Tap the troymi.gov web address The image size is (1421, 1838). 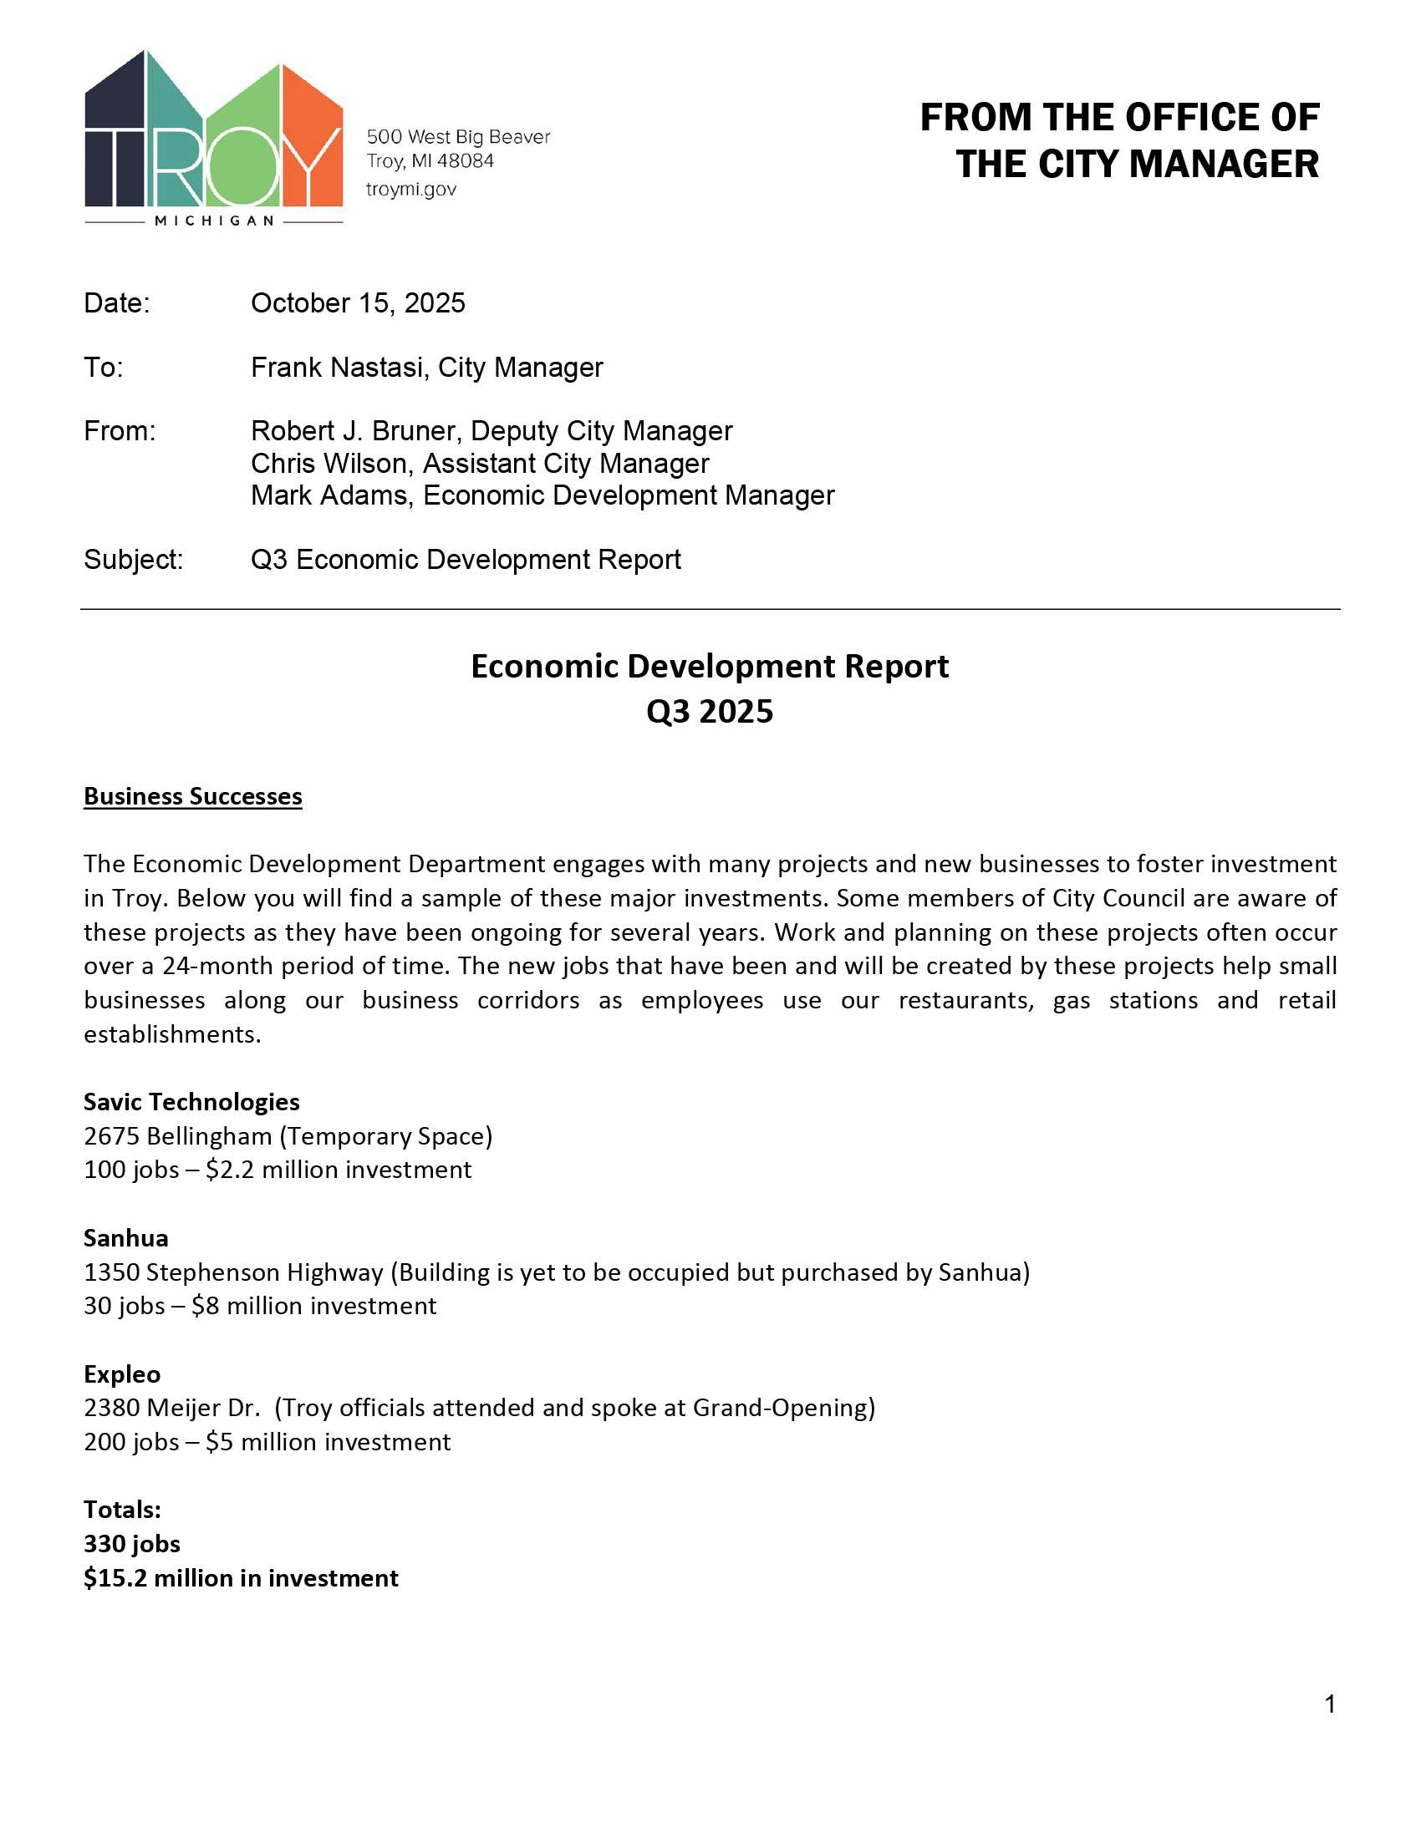[x=410, y=190]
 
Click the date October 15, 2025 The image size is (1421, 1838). [x=358, y=303]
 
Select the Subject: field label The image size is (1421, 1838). [x=133, y=560]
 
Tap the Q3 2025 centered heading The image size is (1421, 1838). [x=710, y=712]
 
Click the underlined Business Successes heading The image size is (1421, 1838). [x=193, y=796]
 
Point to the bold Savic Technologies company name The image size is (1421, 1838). [x=191, y=1102]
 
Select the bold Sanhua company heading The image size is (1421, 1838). [x=125, y=1238]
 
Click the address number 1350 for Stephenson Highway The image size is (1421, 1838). [x=112, y=1272]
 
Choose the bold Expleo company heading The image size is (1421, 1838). [x=122, y=1374]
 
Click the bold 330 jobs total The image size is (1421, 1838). [x=132, y=1544]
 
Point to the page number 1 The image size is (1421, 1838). [x=1330, y=1705]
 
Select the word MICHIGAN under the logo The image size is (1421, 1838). [x=214, y=221]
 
